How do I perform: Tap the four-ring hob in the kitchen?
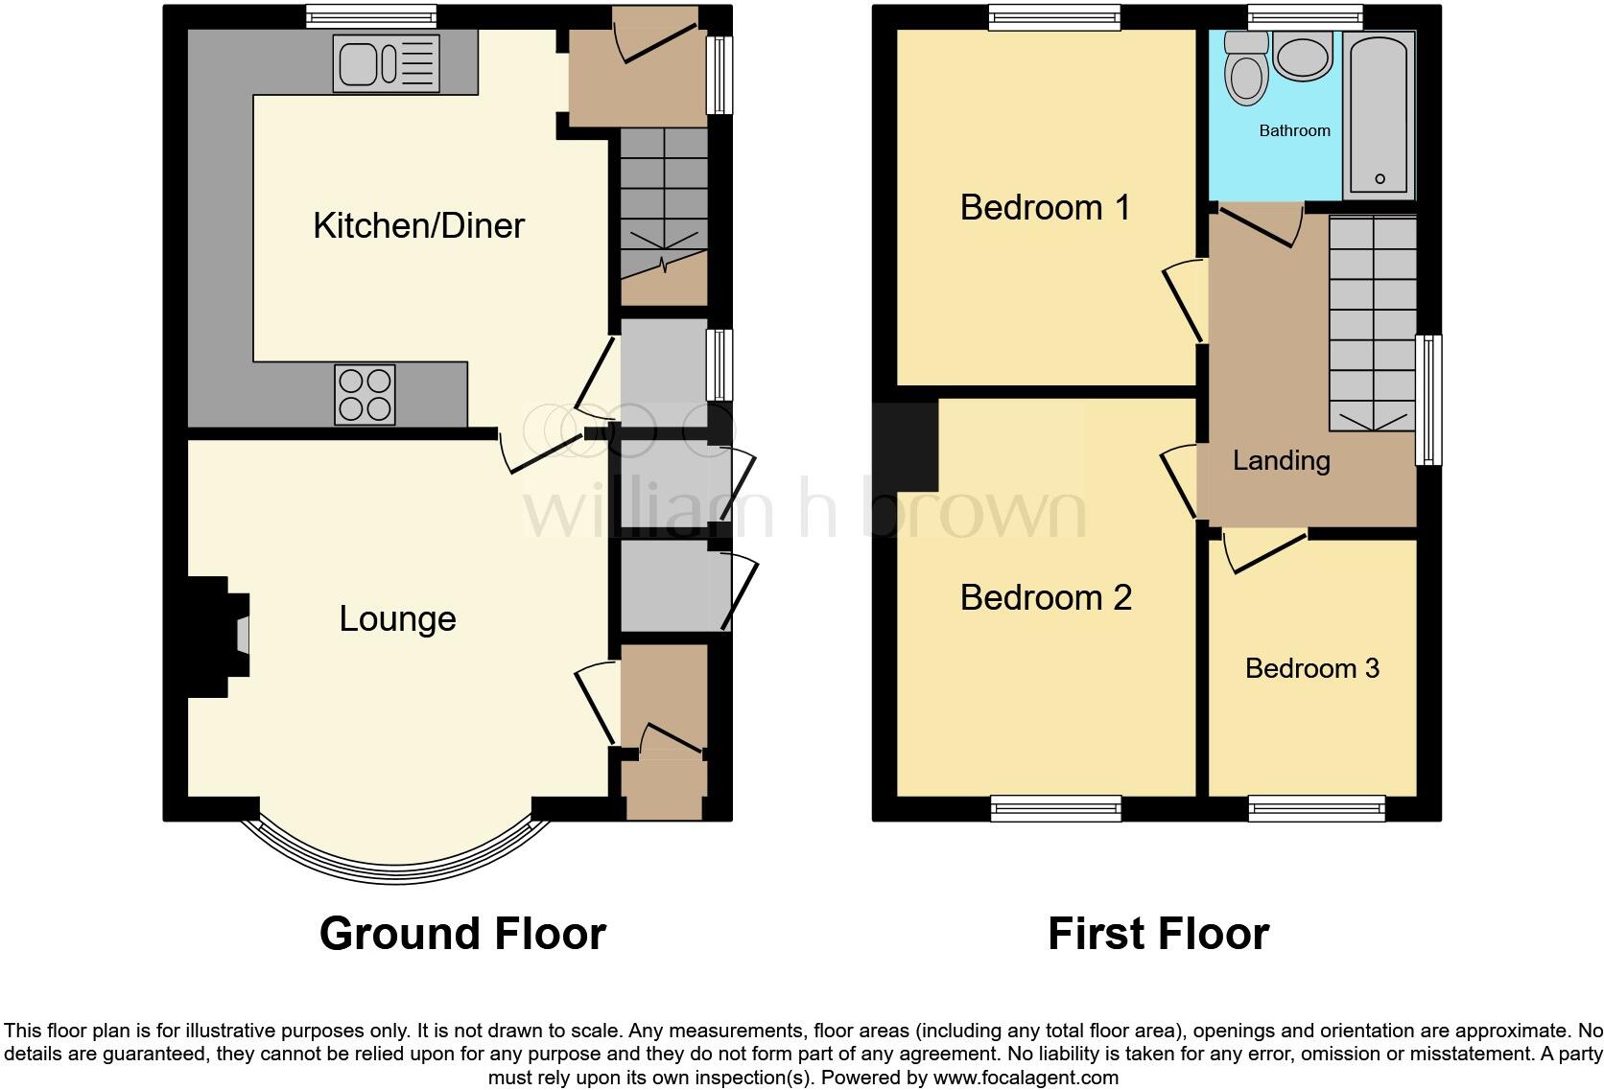click(x=366, y=395)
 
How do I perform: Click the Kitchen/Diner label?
click(x=419, y=225)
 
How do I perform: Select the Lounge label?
click(x=397, y=618)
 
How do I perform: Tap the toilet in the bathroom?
click(x=1247, y=70)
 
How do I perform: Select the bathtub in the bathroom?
click(x=1379, y=113)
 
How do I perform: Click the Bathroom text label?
click(x=1294, y=130)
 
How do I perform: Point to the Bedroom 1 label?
click(x=1045, y=207)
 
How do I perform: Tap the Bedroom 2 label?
click(x=1046, y=597)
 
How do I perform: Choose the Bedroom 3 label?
click(x=1311, y=668)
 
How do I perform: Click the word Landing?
click(x=1281, y=460)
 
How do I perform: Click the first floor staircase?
click(x=1372, y=321)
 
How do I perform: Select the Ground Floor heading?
click(x=462, y=933)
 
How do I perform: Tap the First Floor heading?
click(x=1158, y=933)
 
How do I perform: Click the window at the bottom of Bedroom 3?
click(x=1316, y=809)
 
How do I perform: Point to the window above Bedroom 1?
click(x=1054, y=16)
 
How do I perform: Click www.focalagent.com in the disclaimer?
click(x=1026, y=1077)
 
